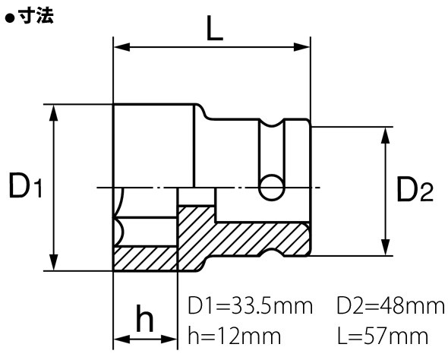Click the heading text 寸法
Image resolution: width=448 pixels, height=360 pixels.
pos(36,15)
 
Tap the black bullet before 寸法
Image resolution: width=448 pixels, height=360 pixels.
pos(11,18)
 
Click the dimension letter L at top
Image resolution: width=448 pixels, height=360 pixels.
pos(215,28)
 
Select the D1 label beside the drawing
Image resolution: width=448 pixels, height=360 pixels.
pos(25,186)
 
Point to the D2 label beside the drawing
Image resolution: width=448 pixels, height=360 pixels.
pos(415,188)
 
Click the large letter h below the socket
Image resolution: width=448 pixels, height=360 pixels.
pos(145,318)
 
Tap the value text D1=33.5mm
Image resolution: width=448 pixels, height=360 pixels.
pos(251,306)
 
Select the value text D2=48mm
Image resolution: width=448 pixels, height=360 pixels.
pos(391,306)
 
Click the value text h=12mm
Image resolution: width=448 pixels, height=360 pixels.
pos(235,336)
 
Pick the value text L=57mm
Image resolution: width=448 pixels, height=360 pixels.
pos(383,336)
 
